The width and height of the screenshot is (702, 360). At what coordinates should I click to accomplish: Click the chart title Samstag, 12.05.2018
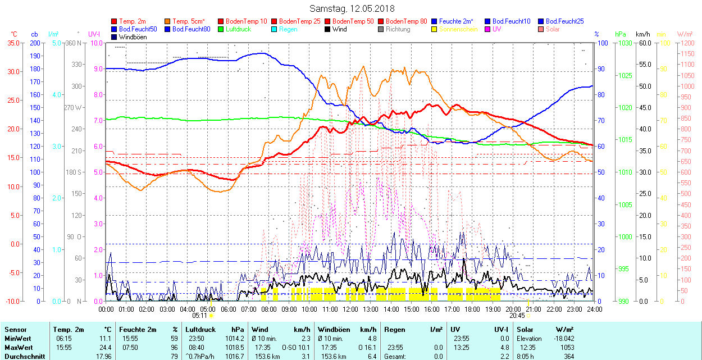(x=352, y=8)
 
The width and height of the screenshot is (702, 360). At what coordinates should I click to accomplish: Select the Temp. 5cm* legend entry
(x=188, y=21)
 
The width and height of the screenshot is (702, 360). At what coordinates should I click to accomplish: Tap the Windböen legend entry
(x=133, y=37)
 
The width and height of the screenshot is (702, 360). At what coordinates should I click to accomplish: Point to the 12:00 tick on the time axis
(x=350, y=309)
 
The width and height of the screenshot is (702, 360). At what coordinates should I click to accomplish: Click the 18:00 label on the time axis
(x=472, y=309)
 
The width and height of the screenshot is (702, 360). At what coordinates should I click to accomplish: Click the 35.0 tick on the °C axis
(x=13, y=43)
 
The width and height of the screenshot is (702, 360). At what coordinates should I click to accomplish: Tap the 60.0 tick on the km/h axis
(x=644, y=43)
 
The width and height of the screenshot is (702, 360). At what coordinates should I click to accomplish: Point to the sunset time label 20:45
(x=517, y=316)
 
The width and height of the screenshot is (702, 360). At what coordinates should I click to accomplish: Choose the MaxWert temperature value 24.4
(x=105, y=347)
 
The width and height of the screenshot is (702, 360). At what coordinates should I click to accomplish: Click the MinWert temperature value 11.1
(x=105, y=339)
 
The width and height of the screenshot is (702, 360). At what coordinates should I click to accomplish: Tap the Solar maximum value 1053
(x=567, y=347)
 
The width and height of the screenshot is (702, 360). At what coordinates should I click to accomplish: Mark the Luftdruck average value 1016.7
(x=237, y=356)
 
